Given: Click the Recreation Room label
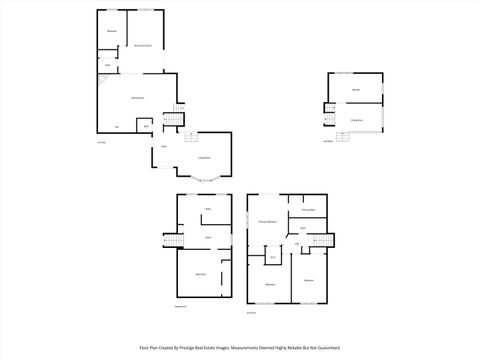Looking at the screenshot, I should (x=143, y=46).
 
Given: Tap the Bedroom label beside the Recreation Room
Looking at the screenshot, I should (x=111, y=32).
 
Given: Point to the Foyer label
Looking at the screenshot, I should (x=164, y=148).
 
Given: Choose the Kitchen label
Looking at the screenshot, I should (x=355, y=91).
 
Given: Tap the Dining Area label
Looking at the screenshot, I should (x=356, y=119).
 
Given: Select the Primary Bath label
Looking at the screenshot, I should (x=308, y=209).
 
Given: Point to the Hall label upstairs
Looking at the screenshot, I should (x=297, y=243).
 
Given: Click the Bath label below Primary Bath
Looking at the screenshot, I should (x=303, y=228).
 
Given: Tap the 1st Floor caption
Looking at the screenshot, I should (x=101, y=142).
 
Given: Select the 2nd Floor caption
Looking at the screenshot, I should (x=252, y=311).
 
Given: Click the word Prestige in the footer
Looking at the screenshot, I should (x=207, y=347).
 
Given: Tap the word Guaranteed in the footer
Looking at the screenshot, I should (x=326, y=347).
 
